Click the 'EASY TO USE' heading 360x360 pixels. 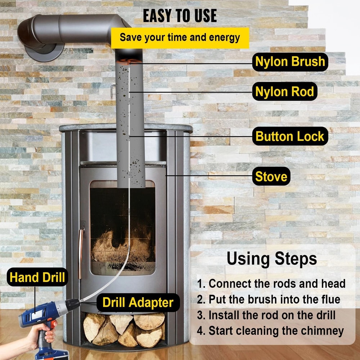point(180,15)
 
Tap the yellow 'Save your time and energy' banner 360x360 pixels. point(180,38)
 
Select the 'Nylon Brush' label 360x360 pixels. point(290,62)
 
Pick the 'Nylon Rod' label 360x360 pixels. point(284,91)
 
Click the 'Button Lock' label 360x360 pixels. point(290,136)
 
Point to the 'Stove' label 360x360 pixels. point(271,176)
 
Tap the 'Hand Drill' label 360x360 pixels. point(37,277)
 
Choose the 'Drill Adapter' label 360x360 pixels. point(138,302)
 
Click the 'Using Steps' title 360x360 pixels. point(271,258)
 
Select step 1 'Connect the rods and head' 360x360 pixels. point(271,283)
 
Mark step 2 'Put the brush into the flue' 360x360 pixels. point(269,299)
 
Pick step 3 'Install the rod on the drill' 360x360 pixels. point(266,315)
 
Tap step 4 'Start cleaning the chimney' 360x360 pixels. point(270,330)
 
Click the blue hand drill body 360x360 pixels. point(40,311)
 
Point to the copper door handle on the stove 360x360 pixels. point(81,248)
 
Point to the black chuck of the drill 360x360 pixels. point(72,304)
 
